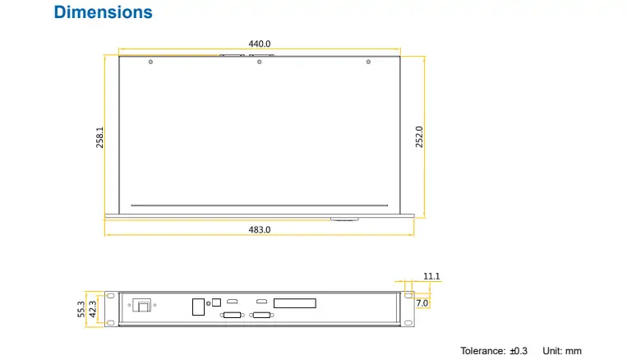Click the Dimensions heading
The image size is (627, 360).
point(103,12)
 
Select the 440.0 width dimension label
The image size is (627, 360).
point(260,44)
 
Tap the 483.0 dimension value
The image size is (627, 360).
point(260,230)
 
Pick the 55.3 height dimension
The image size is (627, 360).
point(81,308)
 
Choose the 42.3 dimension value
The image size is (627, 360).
point(93,308)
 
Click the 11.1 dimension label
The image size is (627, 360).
point(432,276)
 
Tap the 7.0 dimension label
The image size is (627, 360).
point(422,303)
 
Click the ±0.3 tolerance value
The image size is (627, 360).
point(519,351)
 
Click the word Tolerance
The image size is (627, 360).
point(482,351)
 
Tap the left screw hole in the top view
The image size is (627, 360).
point(150,62)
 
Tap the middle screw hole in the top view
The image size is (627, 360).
point(259,62)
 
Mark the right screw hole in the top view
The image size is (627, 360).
point(368,62)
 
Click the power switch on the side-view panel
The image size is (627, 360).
point(143,306)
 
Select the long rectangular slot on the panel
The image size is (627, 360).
point(294,302)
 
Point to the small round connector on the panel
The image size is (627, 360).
point(218,299)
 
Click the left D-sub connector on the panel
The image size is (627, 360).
point(232,316)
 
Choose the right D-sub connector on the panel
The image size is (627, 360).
point(263,316)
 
